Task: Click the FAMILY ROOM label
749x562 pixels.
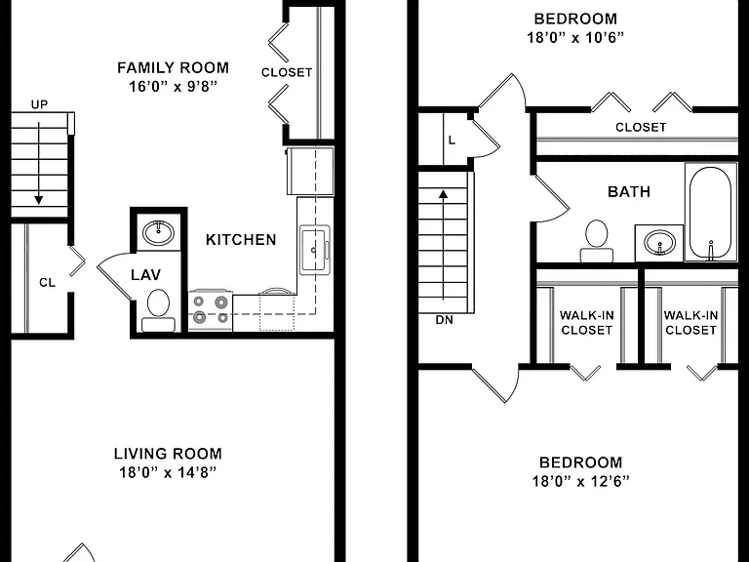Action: tap(173, 68)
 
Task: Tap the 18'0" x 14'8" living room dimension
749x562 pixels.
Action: tap(168, 472)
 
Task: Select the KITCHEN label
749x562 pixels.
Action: tap(241, 239)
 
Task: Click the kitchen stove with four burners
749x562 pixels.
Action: tap(211, 310)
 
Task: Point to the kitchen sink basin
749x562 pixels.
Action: tap(314, 250)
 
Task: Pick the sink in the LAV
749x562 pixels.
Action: tap(159, 232)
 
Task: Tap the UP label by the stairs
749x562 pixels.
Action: tap(39, 104)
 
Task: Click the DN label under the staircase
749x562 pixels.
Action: tap(445, 320)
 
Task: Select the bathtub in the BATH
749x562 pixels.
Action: tap(710, 212)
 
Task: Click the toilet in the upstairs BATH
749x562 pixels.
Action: tap(597, 241)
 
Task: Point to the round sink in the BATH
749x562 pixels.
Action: tap(659, 242)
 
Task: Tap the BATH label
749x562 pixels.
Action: tap(629, 191)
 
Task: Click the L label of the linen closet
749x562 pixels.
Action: tap(452, 140)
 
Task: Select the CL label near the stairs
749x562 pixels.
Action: tap(47, 282)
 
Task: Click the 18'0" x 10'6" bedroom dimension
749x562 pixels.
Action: tap(575, 37)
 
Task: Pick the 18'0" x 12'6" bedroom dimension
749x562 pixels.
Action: tap(581, 481)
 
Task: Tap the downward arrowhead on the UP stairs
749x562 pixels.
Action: tap(39, 200)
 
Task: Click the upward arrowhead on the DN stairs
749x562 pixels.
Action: tap(444, 194)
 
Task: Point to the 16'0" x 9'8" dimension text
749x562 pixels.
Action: tap(173, 87)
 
